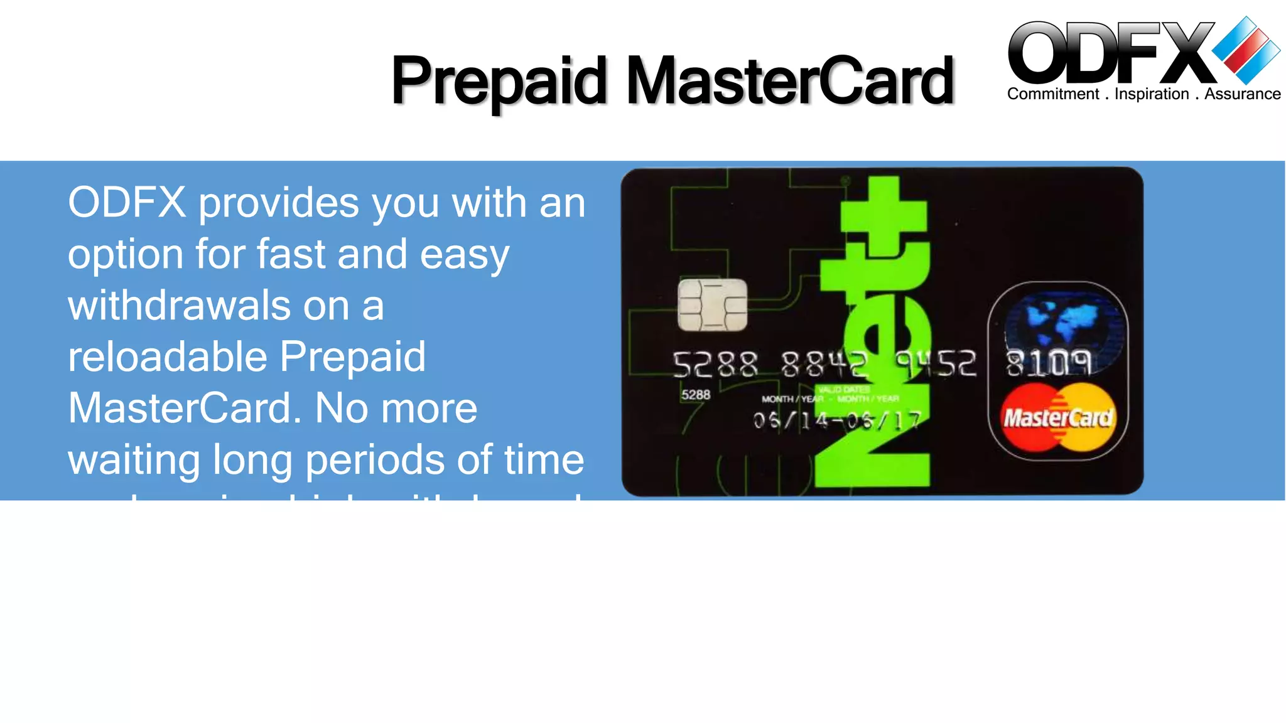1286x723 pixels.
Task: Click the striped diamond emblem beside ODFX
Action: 1246,50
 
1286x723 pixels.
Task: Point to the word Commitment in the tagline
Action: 1053,94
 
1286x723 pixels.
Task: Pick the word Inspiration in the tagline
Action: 1152,94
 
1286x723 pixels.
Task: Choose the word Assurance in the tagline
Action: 1242,94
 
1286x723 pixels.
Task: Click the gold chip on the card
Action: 713,305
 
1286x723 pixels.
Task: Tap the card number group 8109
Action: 1048,363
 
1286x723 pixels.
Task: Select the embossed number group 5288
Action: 715,365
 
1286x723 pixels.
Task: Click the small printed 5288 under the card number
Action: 696,395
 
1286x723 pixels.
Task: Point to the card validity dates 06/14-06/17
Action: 837,420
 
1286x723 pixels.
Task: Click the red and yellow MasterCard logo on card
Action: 1058,418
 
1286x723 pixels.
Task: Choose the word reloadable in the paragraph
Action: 166,357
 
